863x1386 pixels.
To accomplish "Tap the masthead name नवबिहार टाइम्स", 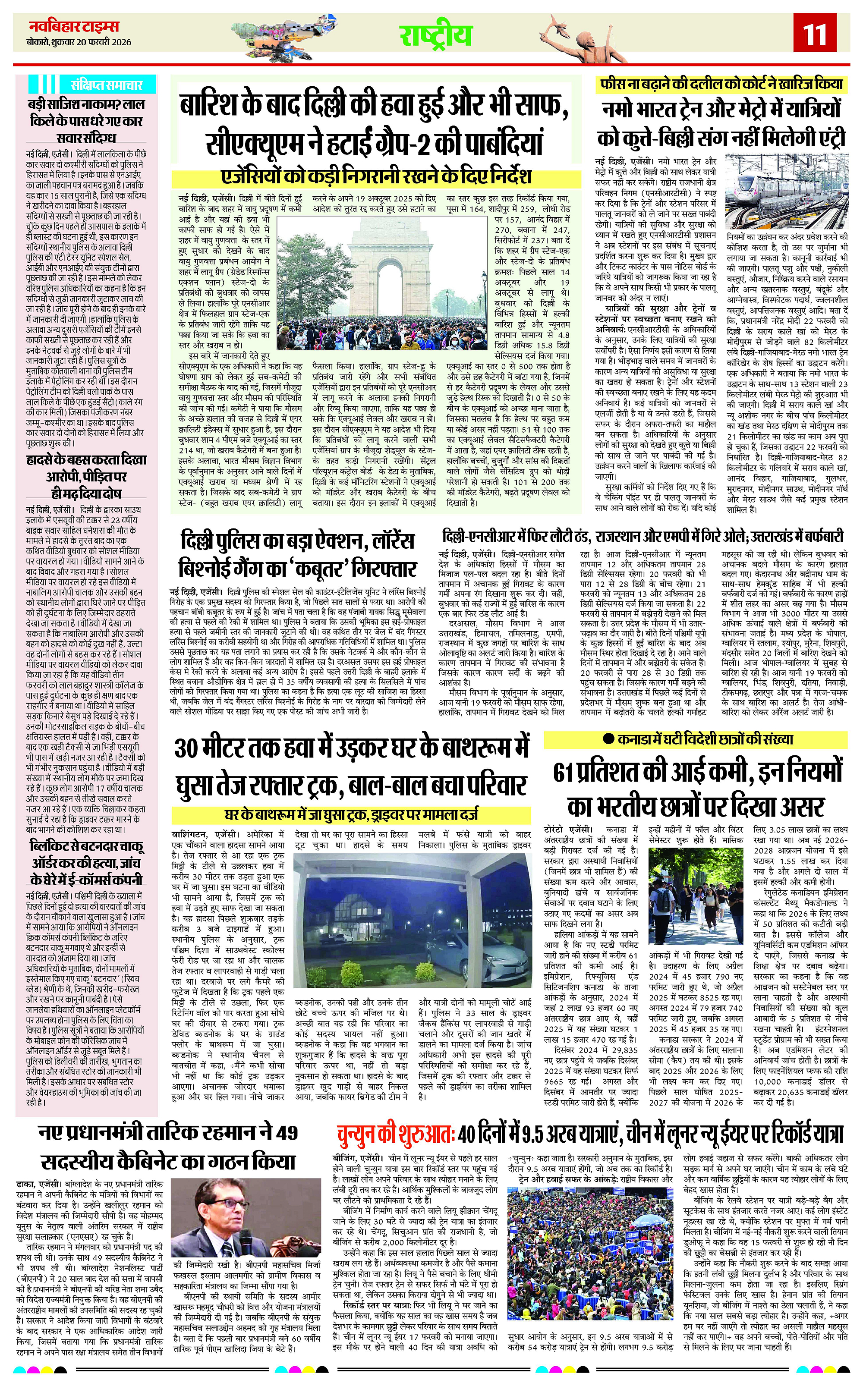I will click(74, 26).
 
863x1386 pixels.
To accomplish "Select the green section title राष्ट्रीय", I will click(436, 35).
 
